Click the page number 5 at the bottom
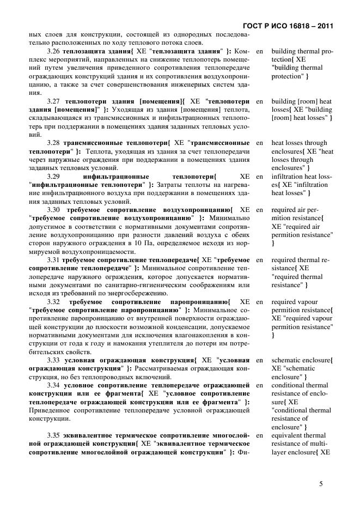(x=321, y=483)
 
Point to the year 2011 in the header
(x=324, y=26)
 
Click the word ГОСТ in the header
(x=248, y=26)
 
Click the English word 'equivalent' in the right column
(x=290, y=436)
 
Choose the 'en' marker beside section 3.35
(x=259, y=436)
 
